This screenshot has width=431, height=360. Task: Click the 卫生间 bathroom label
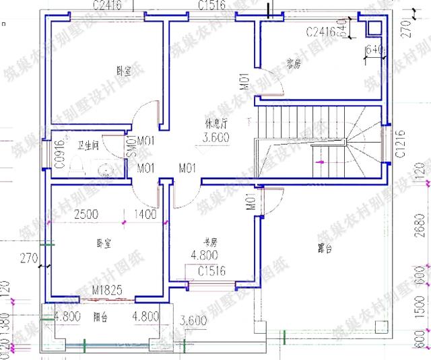(88, 145)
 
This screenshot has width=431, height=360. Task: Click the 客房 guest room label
(292, 65)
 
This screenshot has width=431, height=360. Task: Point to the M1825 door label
(108, 291)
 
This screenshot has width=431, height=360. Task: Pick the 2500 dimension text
(87, 215)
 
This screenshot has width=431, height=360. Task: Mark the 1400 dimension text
(146, 215)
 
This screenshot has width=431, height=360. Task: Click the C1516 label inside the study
(211, 271)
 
